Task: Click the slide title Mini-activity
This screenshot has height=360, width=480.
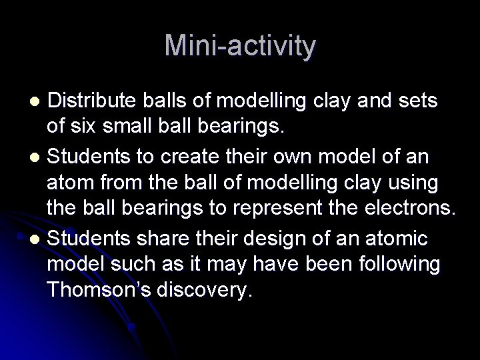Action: [240, 46]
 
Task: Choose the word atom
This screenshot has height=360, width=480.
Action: [68, 183]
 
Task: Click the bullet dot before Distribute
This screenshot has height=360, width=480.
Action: [38, 101]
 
